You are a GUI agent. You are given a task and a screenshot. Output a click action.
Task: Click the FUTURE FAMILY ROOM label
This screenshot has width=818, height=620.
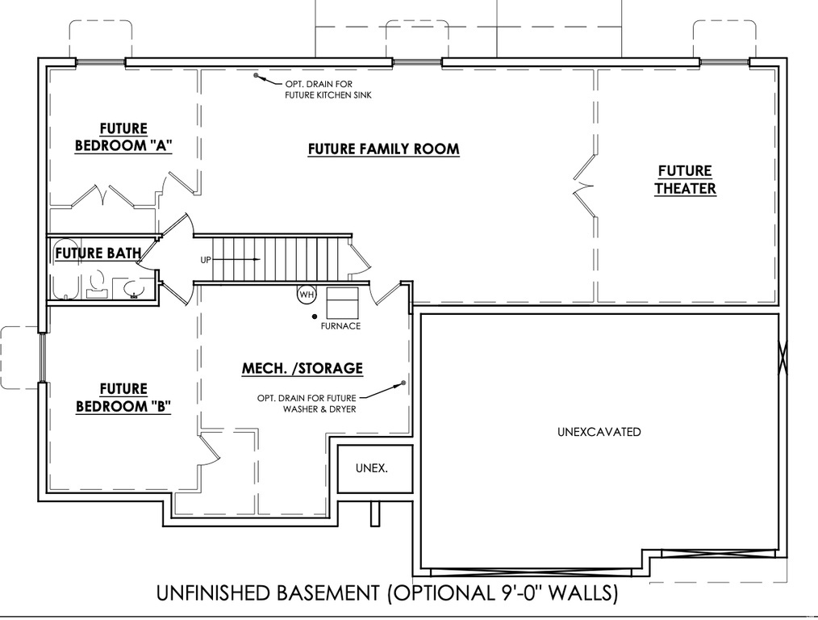tap(383, 149)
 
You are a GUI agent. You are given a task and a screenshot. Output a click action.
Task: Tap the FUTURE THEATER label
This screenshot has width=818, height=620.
tap(685, 180)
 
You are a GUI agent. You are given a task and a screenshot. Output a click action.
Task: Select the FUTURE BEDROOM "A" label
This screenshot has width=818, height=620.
tap(123, 137)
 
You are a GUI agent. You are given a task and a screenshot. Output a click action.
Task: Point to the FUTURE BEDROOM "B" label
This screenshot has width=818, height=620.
tap(123, 398)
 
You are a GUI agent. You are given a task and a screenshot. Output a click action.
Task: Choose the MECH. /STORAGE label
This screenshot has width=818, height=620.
tap(303, 369)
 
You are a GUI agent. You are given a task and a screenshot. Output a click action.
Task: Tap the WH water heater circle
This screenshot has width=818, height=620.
tap(307, 295)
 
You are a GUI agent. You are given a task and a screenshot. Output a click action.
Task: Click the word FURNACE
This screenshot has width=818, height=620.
tap(340, 326)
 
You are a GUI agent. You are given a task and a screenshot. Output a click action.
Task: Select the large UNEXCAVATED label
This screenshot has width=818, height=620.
tap(599, 432)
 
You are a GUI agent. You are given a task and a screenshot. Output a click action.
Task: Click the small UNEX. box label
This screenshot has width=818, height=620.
tap(371, 468)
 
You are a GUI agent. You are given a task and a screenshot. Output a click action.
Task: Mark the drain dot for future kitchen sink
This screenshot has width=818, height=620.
tap(257, 76)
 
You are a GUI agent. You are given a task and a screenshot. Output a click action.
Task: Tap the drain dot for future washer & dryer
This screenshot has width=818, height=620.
tap(401, 383)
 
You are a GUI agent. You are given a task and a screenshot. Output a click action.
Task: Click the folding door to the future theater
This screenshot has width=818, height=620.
tap(582, 187)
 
